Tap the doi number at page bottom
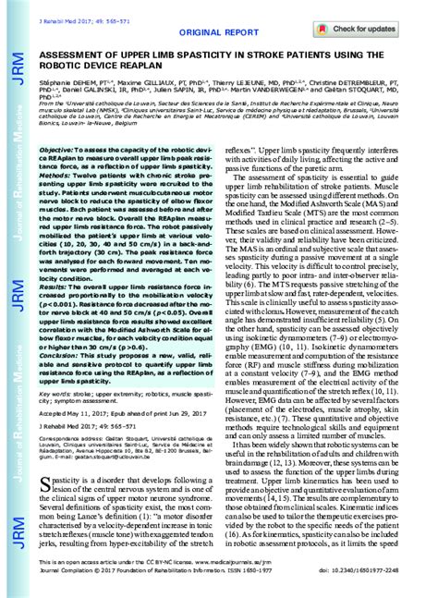coord(350,584)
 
